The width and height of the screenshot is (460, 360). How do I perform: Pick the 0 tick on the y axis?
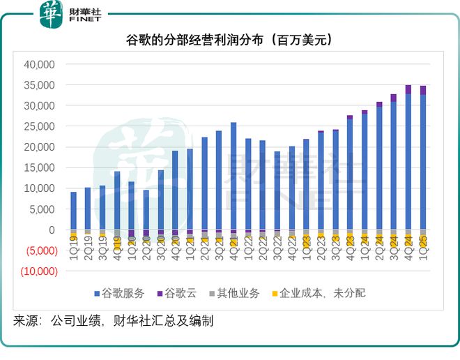tap(50, 230)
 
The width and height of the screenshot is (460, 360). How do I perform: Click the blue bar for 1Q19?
tap(73, 211)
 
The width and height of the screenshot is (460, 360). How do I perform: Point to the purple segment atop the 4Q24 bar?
tap(408, 89)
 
